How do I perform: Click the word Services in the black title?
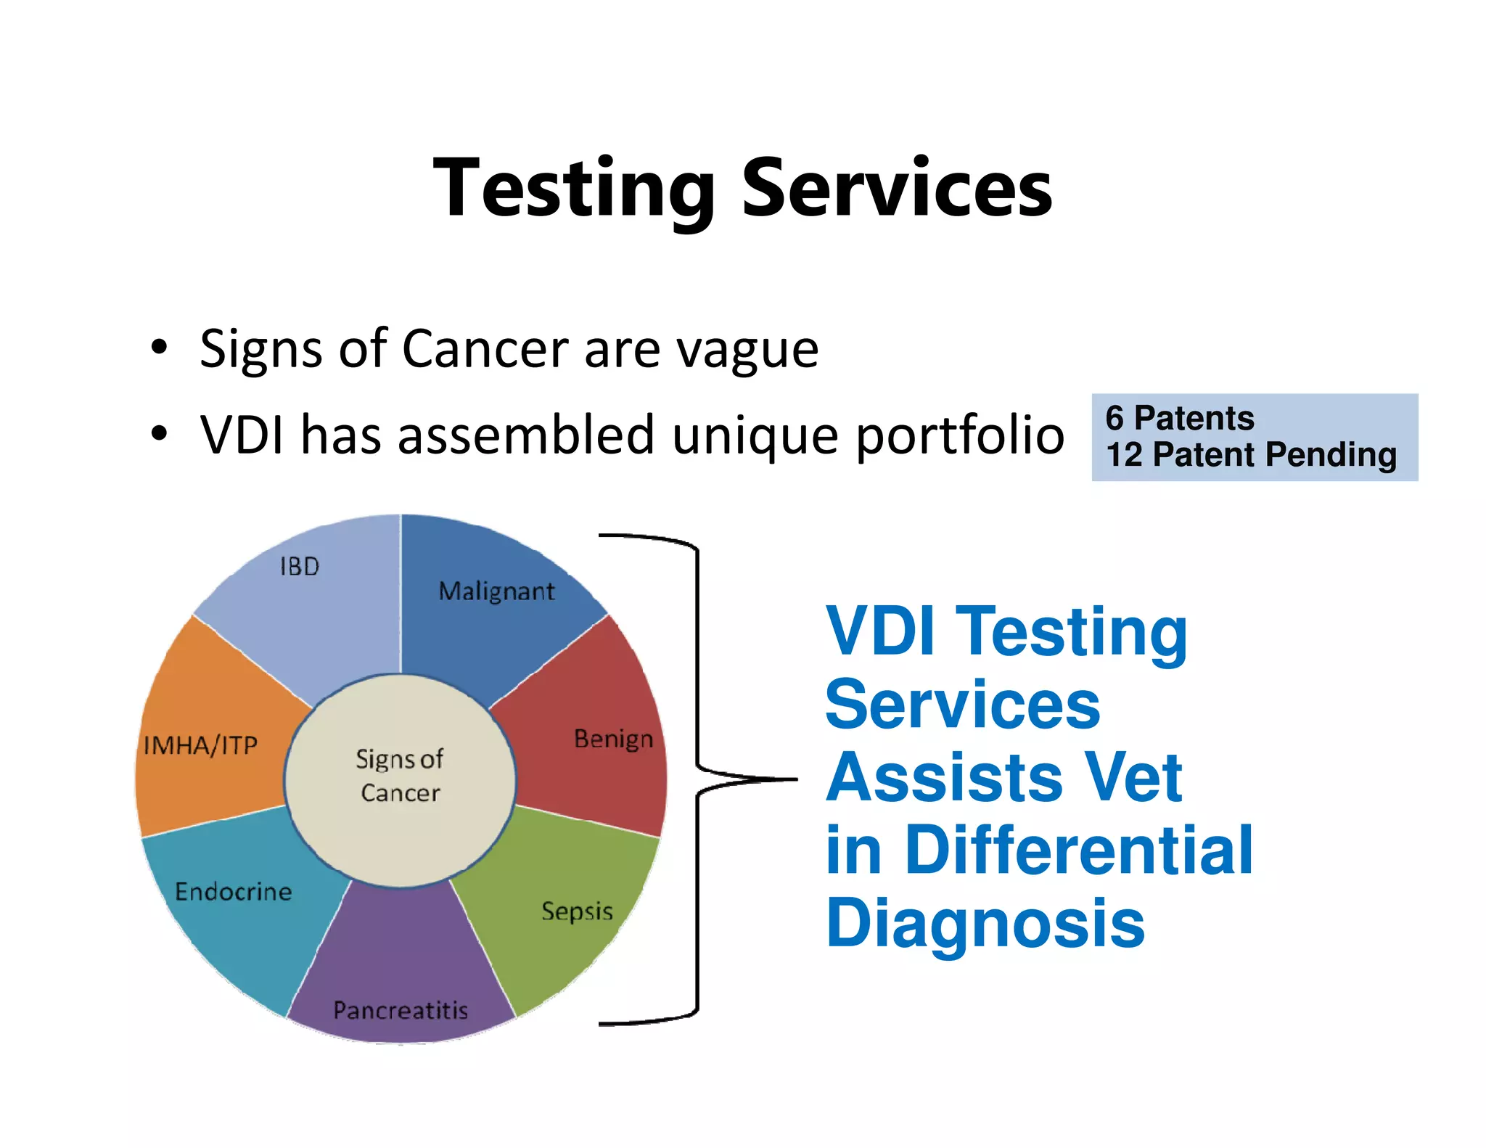[x=897, y=189]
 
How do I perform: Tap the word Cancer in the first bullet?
[x=485, y=349]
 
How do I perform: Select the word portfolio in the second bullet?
[x=960, y=436]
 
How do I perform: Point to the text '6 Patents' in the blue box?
[x=1180, y=418]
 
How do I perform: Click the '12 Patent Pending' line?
[x=1251, y=455]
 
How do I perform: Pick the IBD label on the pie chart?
[x=300, y=566]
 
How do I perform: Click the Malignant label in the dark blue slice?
[x=496, y=591]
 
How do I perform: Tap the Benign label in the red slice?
[x=613, y=739]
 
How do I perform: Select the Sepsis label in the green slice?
[x=577, y=911]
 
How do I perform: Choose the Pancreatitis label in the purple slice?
[x=401, y=1009]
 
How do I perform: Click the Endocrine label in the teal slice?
[x=234, y=891]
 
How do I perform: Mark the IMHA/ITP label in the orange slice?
[x=201, y=745]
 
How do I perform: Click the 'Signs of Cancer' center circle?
[x=400, y=776]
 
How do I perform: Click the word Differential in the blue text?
[x=1079, y=850]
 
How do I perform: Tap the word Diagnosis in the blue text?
[x=985, y=923]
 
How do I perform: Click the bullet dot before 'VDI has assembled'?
[x=159, y=434]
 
